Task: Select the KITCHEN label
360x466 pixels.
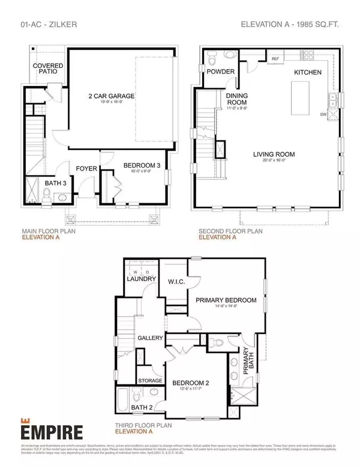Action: point(308,72)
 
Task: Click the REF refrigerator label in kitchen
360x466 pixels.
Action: point(275,59)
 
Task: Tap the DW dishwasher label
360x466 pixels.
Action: point(323,113)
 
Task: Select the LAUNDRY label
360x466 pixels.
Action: point(142,279)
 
